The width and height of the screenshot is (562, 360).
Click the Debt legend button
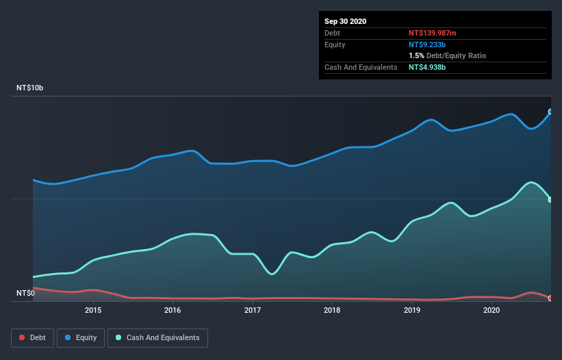pyautogui.click(x=33, y=337)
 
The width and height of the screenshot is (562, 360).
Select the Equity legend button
pyautogui.click(x=81, y=337)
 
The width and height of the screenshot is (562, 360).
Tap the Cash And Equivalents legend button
pyautogui.click(x=157, y=337)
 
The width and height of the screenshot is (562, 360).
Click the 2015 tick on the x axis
pyautogui.click(x=93, y=310)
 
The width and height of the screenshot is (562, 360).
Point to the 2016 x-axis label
pyautogui.click(x=173, y=310)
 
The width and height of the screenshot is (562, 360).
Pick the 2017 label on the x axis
pyautogui.click(x=253, y=310)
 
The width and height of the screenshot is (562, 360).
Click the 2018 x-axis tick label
pyautogui.click(x=332, y=310)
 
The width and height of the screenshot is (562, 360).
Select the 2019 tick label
pyautogui.click(x=412, y=310)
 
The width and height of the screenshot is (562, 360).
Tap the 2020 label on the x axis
pyautogui.click(x=491, y=310)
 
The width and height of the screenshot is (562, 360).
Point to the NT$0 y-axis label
pyautogui.click(x=26, y=293)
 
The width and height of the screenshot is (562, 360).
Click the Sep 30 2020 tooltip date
pyautogui.click(x=345, y=21)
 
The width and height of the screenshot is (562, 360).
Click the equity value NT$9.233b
pyautogui.click(x=428, y=44)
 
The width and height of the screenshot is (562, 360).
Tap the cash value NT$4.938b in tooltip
pyautogui.click(x=428, y=67)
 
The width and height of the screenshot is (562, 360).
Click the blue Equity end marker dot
pyautogui.click(x=550, y=112)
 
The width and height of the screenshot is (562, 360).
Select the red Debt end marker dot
pyautogui.click(x=550, y=298)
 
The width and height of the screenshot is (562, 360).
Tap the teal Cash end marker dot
pyautogui.click(x=550, y=199)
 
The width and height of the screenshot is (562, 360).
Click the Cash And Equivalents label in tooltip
pyautogui.click(x=361, y=67)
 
